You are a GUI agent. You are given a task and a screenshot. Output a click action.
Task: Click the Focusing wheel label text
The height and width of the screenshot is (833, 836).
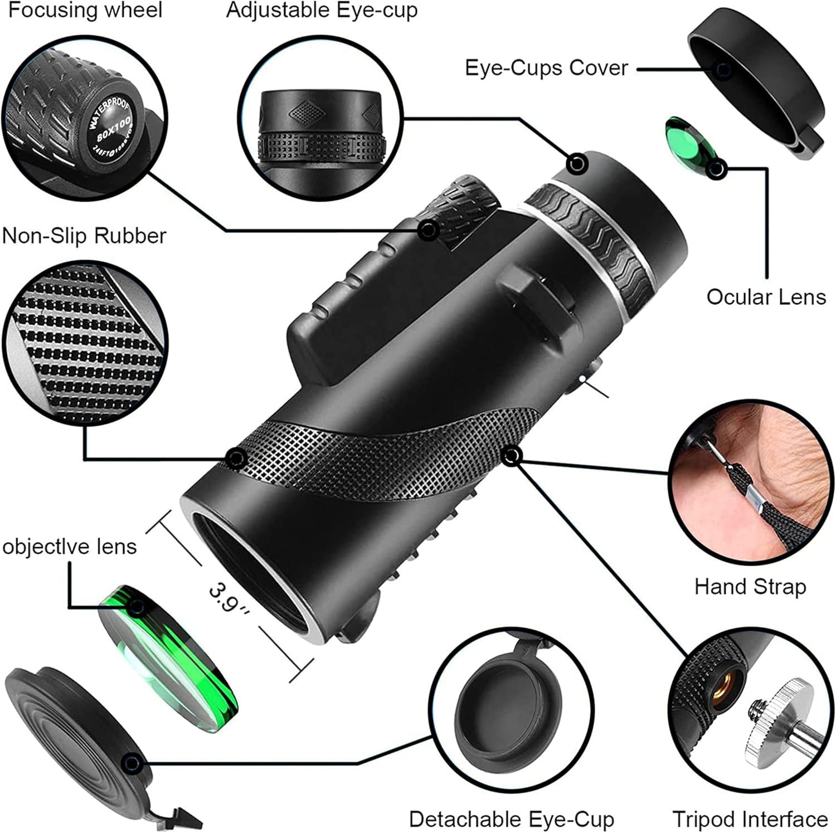[85, 10]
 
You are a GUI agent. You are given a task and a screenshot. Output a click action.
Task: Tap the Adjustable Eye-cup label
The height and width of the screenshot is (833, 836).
[322, 11]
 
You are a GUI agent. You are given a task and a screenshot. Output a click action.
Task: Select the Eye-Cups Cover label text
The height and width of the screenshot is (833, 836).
[546, 68]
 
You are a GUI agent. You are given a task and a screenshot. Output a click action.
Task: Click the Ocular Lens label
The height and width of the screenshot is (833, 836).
[766, 296]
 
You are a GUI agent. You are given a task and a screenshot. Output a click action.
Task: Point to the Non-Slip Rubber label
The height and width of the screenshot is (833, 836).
[84, 236]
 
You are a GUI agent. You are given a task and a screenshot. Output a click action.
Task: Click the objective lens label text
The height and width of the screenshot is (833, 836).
[70, 546]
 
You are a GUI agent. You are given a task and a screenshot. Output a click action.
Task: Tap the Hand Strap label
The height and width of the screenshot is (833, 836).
[750, 587]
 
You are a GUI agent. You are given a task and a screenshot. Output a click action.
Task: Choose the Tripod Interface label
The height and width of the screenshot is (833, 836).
[750, 819]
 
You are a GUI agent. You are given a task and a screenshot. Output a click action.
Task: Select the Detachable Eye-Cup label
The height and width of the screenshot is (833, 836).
[511, 819]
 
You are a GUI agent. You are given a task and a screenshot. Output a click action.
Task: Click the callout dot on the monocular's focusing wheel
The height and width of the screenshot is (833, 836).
[427, 230]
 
